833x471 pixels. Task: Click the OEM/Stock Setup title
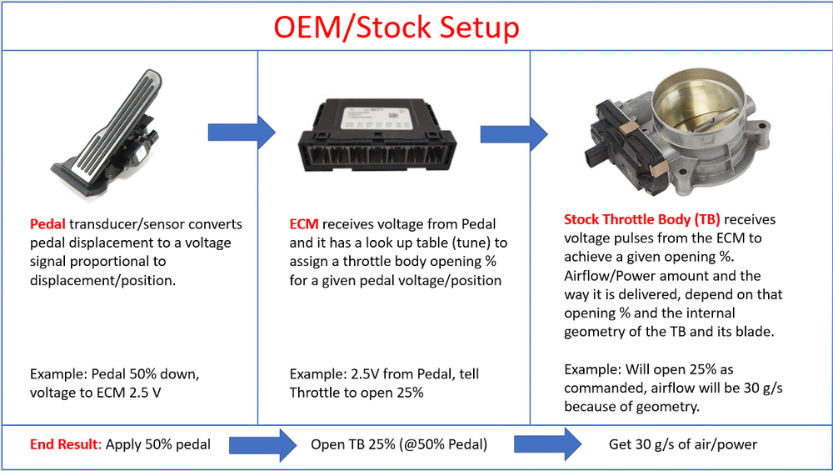pos(397,28)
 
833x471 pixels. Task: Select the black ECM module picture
pos(377,137)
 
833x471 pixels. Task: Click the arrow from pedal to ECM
pos(242,132)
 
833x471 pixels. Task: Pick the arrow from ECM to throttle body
pos(514,134)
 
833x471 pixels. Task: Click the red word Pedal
pos(47,223)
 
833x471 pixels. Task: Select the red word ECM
pos(304,223)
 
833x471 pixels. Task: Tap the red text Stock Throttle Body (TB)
pos(641,219)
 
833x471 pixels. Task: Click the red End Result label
pos(65,443)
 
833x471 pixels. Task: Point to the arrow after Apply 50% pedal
pos(263,444)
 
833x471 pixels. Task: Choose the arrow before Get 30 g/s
pos(548,444)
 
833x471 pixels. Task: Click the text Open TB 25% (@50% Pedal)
pos(399,444)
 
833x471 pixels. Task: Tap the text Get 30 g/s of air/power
pos(683,444)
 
